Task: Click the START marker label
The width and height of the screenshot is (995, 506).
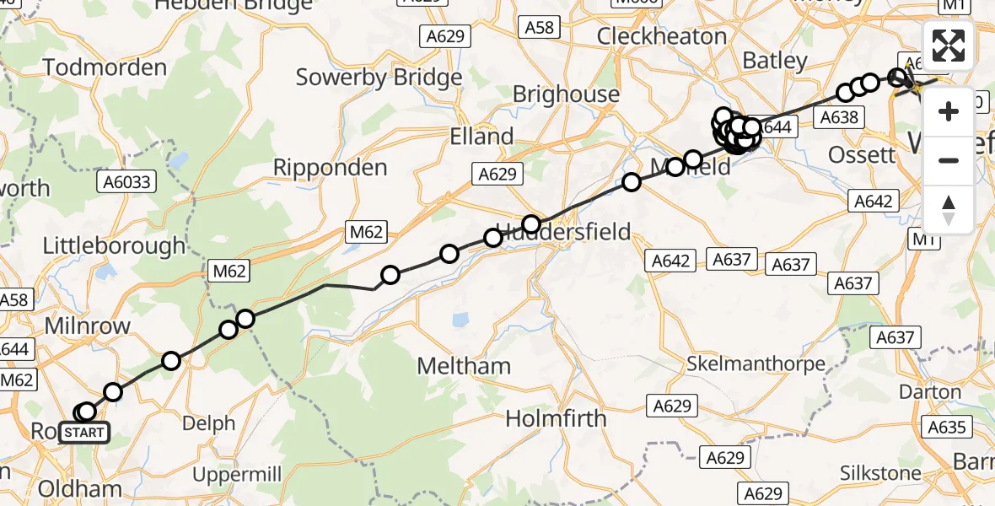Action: [x=84, y=433]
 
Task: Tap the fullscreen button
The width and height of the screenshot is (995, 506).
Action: [x=949, y=46]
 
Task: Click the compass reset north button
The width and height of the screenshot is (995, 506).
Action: [x=949, y=210]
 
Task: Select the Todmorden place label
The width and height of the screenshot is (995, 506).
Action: [x=104, y=67]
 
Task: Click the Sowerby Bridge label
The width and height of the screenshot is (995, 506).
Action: [x=379, y=78]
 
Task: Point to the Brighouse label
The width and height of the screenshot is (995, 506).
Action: [x=566, y=94]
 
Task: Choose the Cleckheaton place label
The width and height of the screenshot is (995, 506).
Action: [x=661, y=36]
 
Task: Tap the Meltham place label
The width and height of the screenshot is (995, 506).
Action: [x=465, y=366]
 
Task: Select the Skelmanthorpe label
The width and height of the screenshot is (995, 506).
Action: [x=756, y=364]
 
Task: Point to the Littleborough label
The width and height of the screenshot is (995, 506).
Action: [x=114, y=246]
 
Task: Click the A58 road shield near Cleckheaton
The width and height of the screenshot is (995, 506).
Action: [x=540, y=28]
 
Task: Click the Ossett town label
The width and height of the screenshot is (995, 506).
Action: [x=861, y=154]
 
